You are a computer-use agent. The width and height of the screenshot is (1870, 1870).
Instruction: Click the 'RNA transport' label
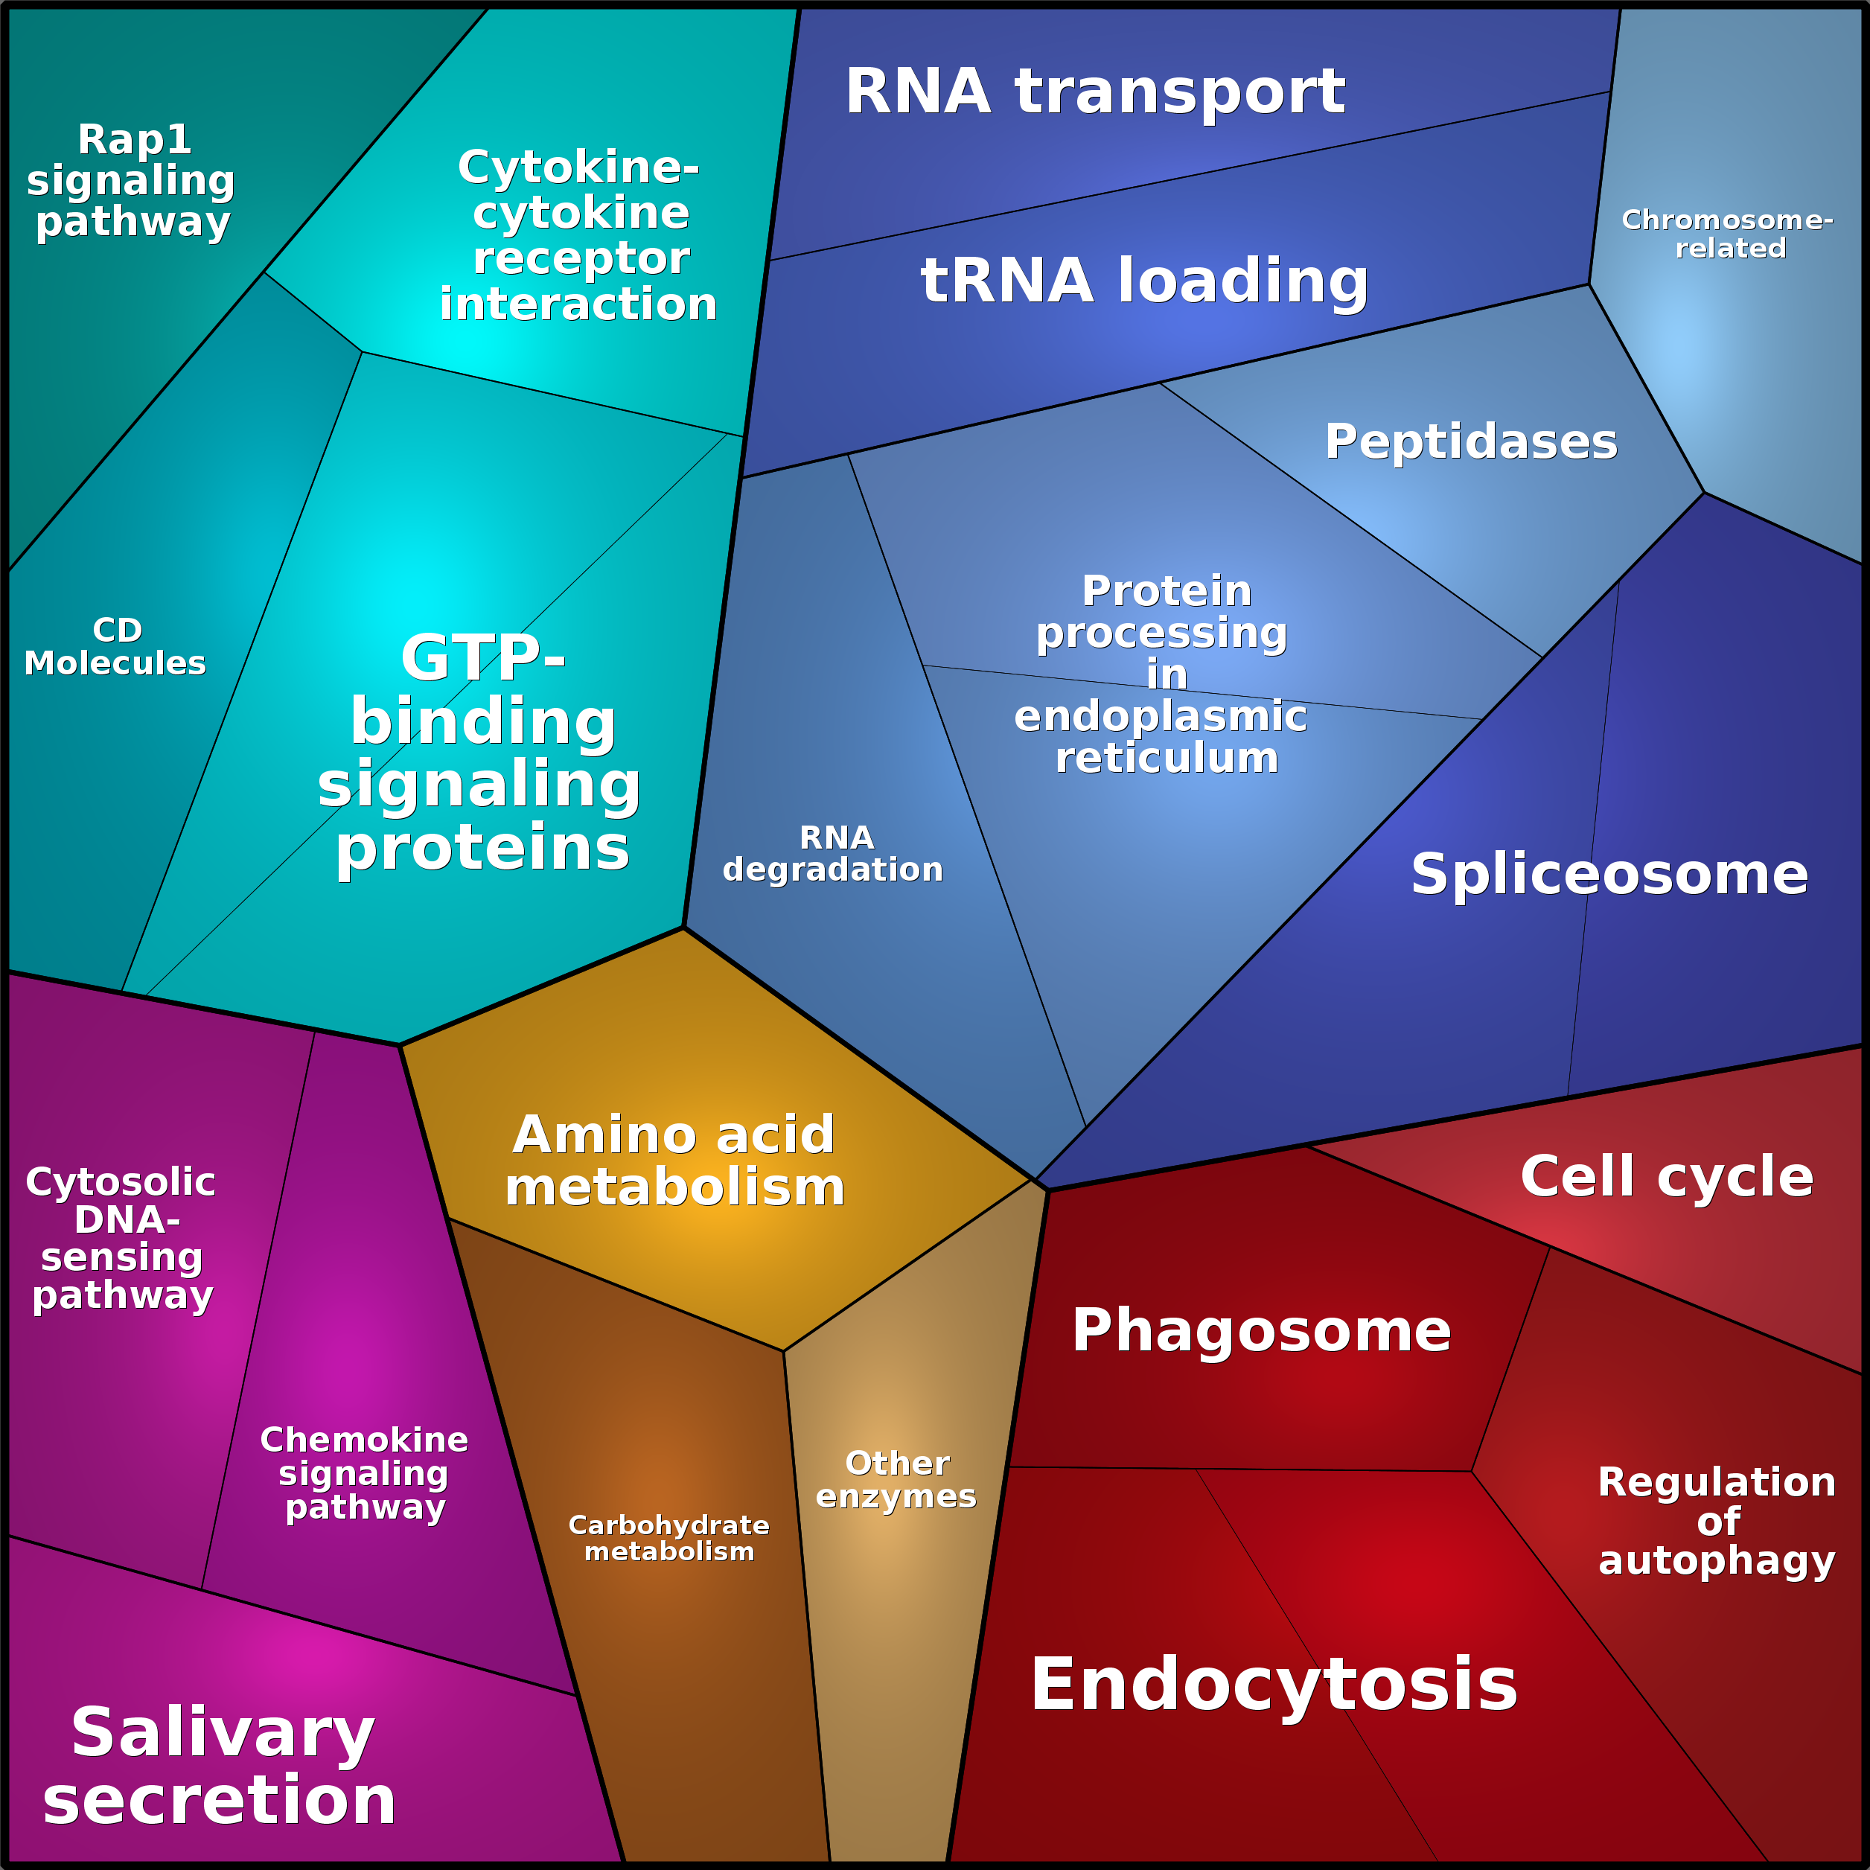[x=1095, y=92]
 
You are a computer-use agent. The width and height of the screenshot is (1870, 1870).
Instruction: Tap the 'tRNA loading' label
[x=1144, y=281]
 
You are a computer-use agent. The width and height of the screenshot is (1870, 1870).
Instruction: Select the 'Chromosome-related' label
[x=1728, y=234]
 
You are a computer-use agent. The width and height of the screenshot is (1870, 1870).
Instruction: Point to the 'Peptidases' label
[x=1471, y=441]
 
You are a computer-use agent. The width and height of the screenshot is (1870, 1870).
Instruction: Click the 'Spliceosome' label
[x=1609, y=874]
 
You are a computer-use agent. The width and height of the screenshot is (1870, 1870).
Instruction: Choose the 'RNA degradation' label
[x=833, y=854]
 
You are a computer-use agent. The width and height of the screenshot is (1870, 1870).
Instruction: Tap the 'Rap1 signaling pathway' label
[x=132, y=181]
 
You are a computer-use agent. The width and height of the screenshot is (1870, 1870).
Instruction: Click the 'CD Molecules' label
[x=115, y=647]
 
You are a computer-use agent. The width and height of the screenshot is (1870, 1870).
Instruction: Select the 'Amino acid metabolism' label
[x=674, y=1161]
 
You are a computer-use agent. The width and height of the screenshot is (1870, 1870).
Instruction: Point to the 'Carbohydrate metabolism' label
[x=668, y=1538]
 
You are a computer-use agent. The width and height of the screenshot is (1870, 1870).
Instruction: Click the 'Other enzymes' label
[x=896, y=1479]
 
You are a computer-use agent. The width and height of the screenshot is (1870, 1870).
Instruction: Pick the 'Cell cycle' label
[x=1667, y=1176]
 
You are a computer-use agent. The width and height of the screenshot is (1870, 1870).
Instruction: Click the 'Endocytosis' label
[x=1274, y=1684]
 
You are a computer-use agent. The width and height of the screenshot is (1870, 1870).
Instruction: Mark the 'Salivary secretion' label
[x=220, y=1767]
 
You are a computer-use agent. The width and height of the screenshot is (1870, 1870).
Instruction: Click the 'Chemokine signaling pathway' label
[x=364, y=1473]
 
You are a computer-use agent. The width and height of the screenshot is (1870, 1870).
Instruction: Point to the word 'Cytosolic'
[x=121, y=1182]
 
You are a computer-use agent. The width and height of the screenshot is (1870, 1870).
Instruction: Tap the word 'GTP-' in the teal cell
[x=483, y=658]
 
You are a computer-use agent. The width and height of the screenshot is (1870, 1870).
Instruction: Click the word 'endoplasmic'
[x=1161, y=717]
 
